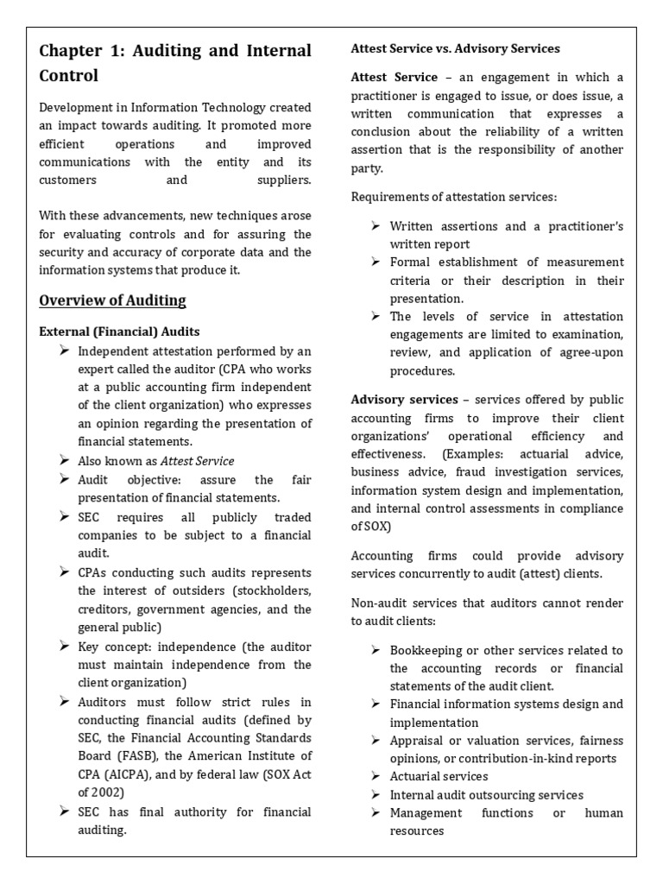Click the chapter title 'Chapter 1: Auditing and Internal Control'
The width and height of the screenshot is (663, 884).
tap(175, 63)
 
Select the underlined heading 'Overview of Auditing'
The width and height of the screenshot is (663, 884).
tap(112, 300)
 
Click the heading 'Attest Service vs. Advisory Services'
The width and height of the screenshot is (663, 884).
tap(455, 48)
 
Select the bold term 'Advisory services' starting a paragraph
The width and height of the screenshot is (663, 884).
tap(404, 400)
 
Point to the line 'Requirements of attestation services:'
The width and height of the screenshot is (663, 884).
tap(454, 197)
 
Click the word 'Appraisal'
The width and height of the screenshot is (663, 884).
tap(418, 741)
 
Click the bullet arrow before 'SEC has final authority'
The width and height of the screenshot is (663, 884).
tap(65, 811)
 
